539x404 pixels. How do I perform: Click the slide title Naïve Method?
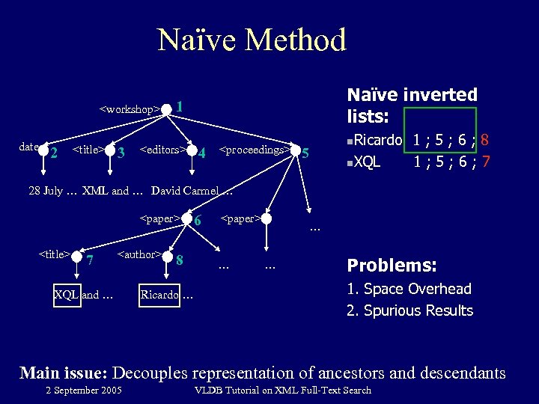tap(252, 40)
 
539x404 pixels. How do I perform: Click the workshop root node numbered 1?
tap(166, 108)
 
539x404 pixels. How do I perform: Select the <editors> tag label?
tap(163, 149)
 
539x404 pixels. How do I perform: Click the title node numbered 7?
tap(79, 257)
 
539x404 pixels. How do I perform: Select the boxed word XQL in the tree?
tap(67, 294)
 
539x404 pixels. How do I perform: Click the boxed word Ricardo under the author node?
tap(159, 294)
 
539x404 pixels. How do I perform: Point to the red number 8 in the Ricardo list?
tap(485, 139)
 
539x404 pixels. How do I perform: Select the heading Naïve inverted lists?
tap(412, 105)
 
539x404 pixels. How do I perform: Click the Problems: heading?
tap(392, 266)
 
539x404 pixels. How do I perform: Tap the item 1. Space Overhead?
tap(409, 289)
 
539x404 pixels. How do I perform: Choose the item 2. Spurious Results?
tap(409, 310)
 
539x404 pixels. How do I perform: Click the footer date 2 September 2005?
tap(83, 390)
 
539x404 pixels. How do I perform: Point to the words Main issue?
tap(67, 372)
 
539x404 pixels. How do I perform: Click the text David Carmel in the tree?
tap(183, 190)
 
